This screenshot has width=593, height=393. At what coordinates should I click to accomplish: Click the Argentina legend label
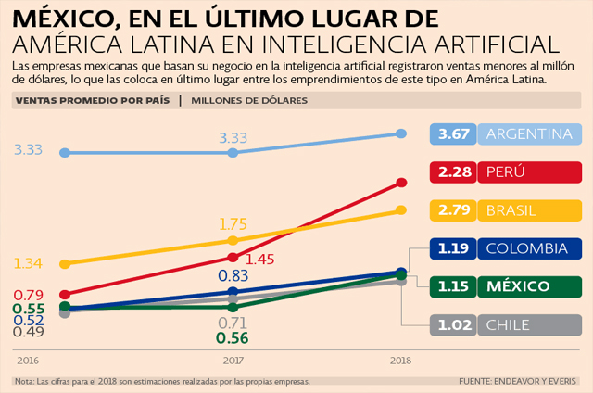click(x=529, y=134)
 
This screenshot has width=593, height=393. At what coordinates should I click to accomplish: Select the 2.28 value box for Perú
click(x=455, y=172)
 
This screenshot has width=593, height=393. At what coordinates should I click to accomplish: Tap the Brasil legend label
click(x=511, y=210)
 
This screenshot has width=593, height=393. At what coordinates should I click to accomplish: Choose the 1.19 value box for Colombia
click(x=455, y=248)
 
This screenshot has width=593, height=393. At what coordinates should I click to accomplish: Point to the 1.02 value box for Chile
click(x=455, y=324)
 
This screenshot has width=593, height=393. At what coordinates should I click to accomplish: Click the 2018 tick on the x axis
click(x=401, y=360)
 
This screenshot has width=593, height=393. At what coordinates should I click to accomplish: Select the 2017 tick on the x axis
click(x=233, y=360)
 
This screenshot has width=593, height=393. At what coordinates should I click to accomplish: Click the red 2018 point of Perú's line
click(x=401, y=183)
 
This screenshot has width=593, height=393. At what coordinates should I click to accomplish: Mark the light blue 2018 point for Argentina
click(x=401, y=133)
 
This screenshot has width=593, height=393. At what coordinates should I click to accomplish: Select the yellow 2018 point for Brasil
click(x=401, y=209)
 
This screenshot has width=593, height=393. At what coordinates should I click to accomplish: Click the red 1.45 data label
click(x=261, y=260)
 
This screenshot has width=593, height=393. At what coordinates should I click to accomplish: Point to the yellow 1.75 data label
click(x=233, y=224)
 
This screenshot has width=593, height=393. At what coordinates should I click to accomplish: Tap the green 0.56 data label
click(x=233, y=338)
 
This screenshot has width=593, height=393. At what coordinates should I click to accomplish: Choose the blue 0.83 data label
click(x=233, y=275)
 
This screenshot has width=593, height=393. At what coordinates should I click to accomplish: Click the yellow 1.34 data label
click(x=29, y=264)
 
